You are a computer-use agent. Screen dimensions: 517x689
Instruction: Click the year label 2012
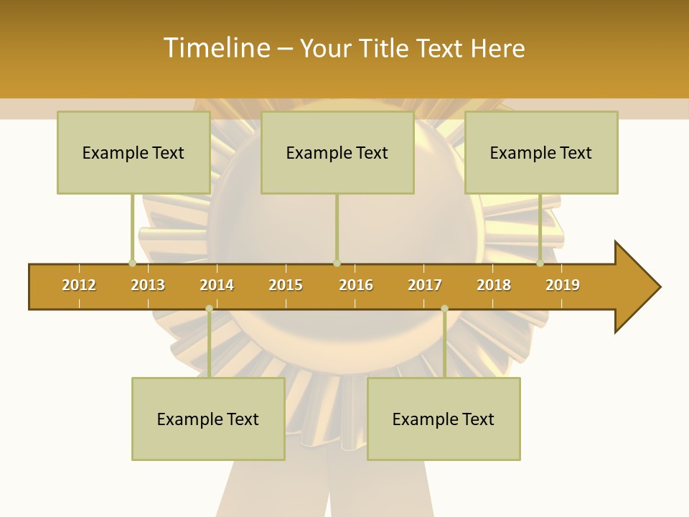(79, 285)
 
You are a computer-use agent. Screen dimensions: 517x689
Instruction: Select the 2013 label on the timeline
(148, 285)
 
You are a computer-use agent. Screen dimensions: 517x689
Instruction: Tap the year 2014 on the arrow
(217, 285)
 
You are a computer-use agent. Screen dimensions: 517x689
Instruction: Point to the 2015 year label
(286, 285)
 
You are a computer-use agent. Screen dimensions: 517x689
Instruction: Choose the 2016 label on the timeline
(356, 285)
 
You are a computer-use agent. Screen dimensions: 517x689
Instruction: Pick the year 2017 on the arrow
(425, 285)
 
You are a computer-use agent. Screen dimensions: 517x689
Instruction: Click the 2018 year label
(494, 285)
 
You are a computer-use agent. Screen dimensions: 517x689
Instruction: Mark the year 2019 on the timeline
(563, 285)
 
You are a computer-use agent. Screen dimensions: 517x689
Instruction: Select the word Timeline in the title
(216, 48)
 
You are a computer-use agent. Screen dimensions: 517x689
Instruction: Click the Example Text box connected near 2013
(133, 152)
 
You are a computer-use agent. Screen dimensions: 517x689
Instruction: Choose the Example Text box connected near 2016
(337, 152)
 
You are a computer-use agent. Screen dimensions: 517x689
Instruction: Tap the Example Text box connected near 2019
(541, 152)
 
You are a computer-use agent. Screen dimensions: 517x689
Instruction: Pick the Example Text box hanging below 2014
(208, 419)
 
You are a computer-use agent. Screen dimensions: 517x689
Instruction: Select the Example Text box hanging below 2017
(444, 419)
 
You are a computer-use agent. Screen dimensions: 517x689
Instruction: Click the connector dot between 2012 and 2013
(132, 263)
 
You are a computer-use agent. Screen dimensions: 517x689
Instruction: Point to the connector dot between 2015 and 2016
(337, 263)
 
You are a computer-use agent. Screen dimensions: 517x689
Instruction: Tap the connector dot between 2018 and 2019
(540, 263)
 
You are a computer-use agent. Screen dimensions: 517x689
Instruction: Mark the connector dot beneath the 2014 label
(209, 309)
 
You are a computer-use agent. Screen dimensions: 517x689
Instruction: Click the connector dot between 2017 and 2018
(444, 309)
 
